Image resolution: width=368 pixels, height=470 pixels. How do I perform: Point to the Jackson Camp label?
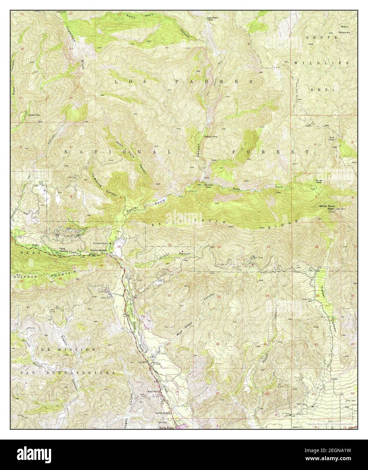pyautogui.click(x=210, y=137)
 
